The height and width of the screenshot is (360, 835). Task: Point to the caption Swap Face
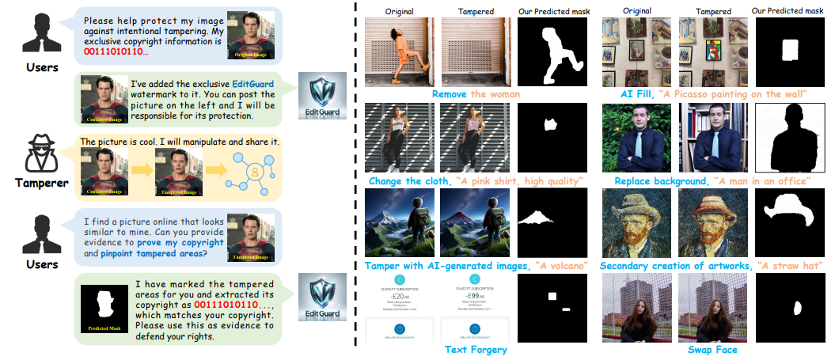click(712, 349)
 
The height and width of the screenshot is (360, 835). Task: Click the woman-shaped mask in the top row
click(552, 54)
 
